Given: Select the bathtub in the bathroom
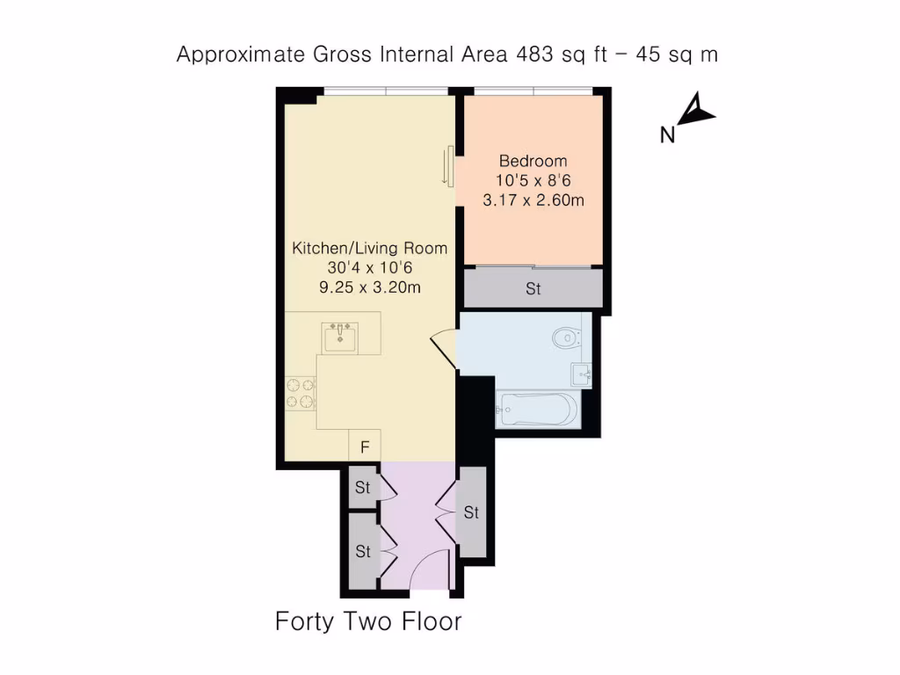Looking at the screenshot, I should [x=536, y=410].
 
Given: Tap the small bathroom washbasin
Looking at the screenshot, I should [x=581, y=374].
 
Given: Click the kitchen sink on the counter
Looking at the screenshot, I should [x=340, y=337].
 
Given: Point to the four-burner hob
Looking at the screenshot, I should [x=300, y=393].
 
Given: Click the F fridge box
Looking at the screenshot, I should [x=364, y=446].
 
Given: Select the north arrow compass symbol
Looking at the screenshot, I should [x=700, y=110].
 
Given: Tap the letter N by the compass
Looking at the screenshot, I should [x=668, y=135].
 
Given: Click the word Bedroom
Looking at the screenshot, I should [x=533, y=161].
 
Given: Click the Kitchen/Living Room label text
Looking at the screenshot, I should [x=369, y=249].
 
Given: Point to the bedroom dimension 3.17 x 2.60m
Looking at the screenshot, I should [x=533, y=200].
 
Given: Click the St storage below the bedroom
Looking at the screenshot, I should [x=533, y=288].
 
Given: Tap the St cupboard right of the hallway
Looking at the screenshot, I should [x=471, y=512].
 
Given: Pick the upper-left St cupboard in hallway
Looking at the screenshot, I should [x=362, y=488].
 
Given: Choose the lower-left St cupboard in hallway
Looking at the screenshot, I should [x=362, y=552].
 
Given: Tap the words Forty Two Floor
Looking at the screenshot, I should [x=368, y=622].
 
